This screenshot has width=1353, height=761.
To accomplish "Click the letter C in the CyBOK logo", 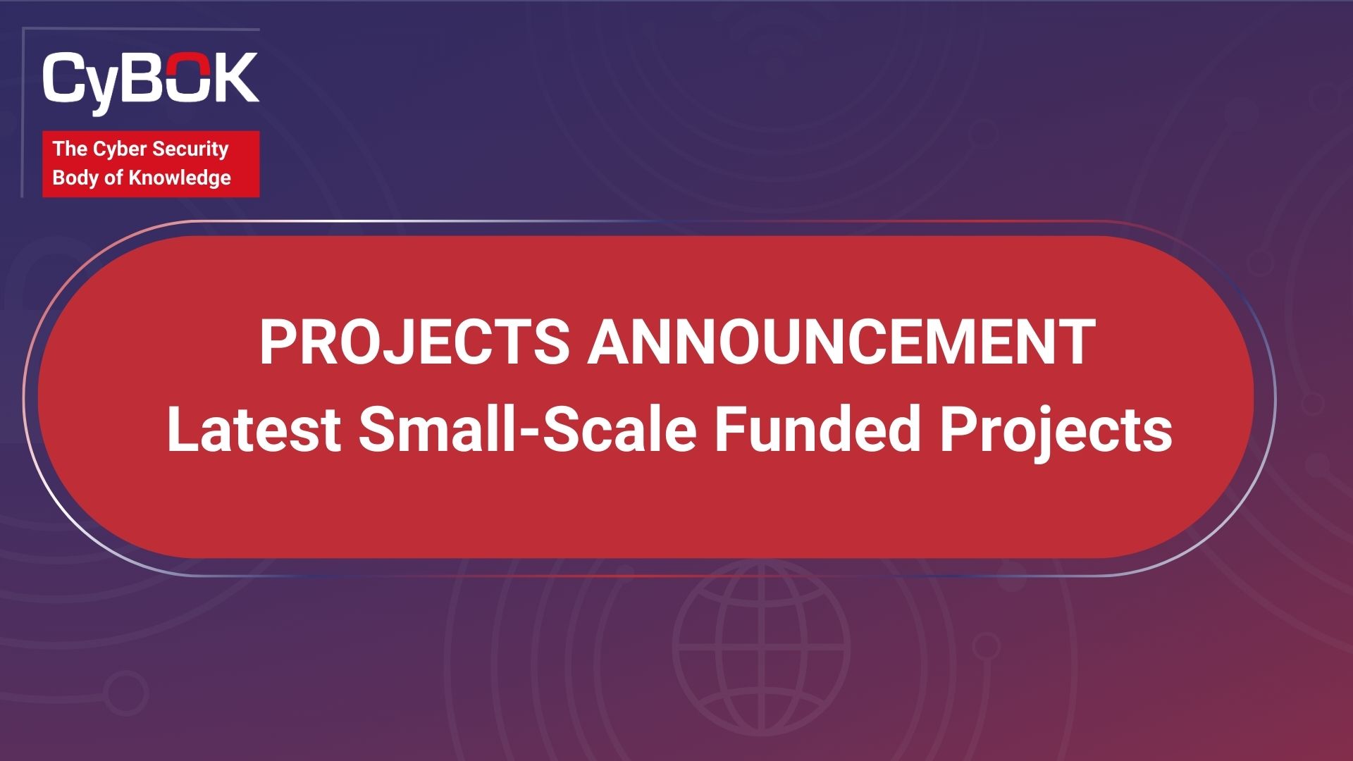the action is click(65, 77).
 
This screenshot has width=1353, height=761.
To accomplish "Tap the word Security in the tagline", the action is click(190, 149).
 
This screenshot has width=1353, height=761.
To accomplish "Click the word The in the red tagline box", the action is click(70, 149).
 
